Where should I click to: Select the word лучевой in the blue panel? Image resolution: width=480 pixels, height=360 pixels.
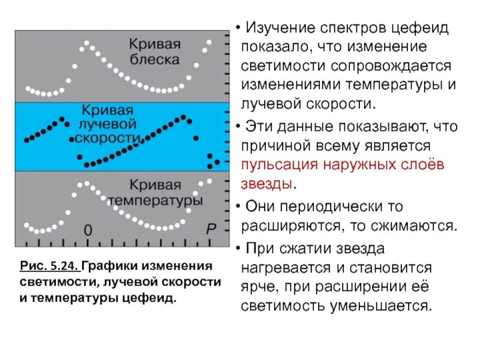[x=108, y=124]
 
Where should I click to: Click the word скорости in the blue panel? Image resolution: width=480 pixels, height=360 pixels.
[x=107, y=138]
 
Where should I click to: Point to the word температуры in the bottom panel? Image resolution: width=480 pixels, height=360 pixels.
[x=164, y=200]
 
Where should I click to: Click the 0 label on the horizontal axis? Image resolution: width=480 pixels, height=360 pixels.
[x=88, y=230]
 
